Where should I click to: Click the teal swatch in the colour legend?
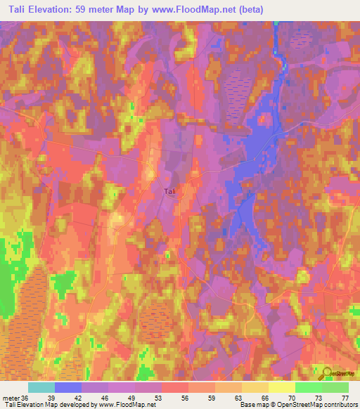click(41, 387)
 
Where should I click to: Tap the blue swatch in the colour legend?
click(68, 387)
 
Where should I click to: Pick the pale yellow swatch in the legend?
click(282, 387)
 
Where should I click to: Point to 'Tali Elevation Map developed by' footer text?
click(49, 405)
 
